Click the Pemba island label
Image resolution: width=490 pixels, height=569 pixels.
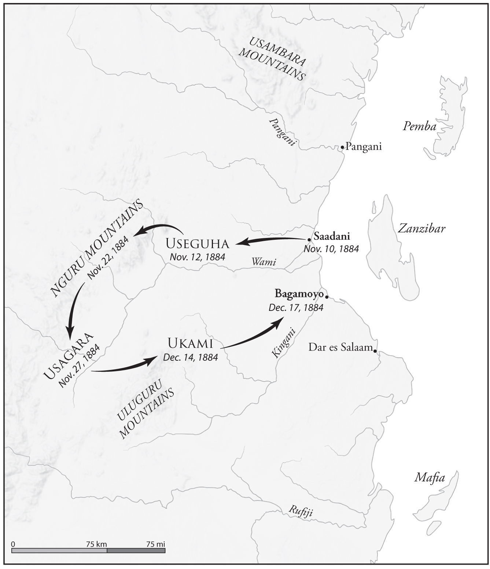pyautogui.click(x=420, y=126)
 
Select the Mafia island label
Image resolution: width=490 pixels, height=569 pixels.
pyautogui.click(x=430, y=478)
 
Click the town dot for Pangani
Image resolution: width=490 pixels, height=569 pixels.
pyautogui.click(x=342, y=147)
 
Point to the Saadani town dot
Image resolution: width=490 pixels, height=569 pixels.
pyautogui.click(x=309, y=239)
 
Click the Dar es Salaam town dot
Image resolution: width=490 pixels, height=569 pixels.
pyautogui.click(x=375, y=351)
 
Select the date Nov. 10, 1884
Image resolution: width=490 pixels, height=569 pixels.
pyautogui.click(x=331, y=249)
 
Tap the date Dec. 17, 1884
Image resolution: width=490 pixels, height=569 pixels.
pyautogui.click(x=296, y=307)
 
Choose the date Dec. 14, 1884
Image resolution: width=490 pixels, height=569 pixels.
pyautogui.click(x=191, y=357)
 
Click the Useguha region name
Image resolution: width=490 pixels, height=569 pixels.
pyautogui.click(x=197, y=243)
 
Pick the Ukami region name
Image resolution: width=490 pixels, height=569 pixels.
pyautogui.click(x=190, y=344)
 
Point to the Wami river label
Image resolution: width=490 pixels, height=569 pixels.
pyautogui.click(x=264, y=262)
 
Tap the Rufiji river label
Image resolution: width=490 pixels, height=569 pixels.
pyautogui.click(x=301, y=511)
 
